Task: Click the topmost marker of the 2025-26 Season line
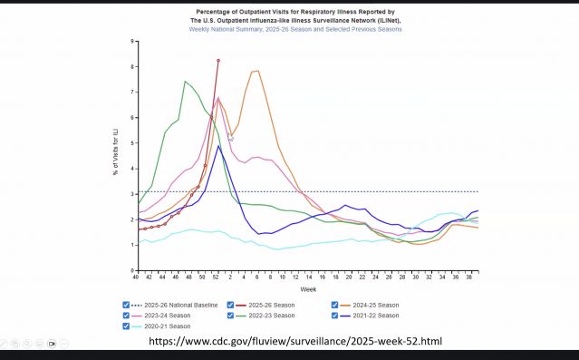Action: click(x=218, y=60)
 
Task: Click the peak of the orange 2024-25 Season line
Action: click(x=257, y=71)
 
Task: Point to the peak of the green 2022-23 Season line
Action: click(x=186, y=82)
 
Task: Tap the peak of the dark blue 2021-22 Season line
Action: click(x=218, y=146)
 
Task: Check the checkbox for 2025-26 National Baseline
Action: click(x=125, y=305)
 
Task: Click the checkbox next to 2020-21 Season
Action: click(x=125, y=326)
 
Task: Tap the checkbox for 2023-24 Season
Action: click(x=125, y=316)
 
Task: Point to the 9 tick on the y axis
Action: click(x=131, y=41)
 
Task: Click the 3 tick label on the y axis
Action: click(x=131, y=194)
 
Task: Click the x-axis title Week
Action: click(x=308, y=288)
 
